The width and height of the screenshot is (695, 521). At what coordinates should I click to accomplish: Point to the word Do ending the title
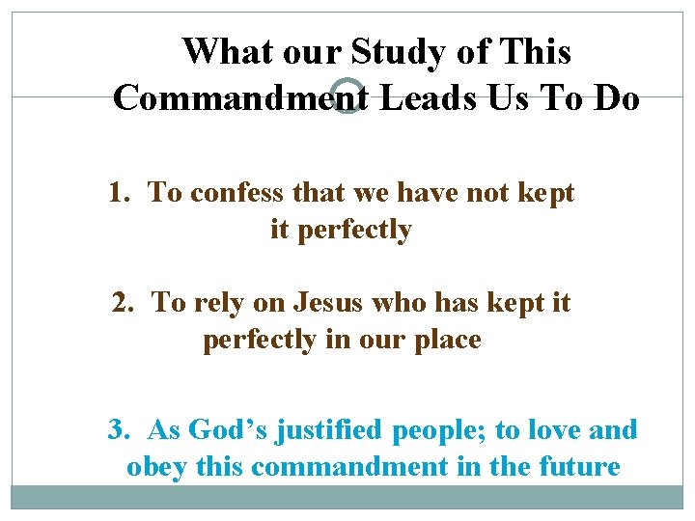click(617, 97)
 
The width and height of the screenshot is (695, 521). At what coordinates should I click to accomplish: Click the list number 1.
click(119, 193)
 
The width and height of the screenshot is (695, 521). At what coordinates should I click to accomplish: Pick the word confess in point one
click(227, 193)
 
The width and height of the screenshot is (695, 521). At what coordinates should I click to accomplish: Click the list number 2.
click(123, 303)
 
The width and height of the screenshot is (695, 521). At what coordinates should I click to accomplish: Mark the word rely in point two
click(217, 303)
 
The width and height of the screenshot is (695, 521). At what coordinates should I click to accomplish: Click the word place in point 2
click(447, 341)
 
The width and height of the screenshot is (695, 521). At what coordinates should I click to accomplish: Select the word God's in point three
click(228, 429)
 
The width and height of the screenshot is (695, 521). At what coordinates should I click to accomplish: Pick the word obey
click(156, 467)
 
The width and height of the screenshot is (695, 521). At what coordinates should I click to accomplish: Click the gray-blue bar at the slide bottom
click(347, 497)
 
